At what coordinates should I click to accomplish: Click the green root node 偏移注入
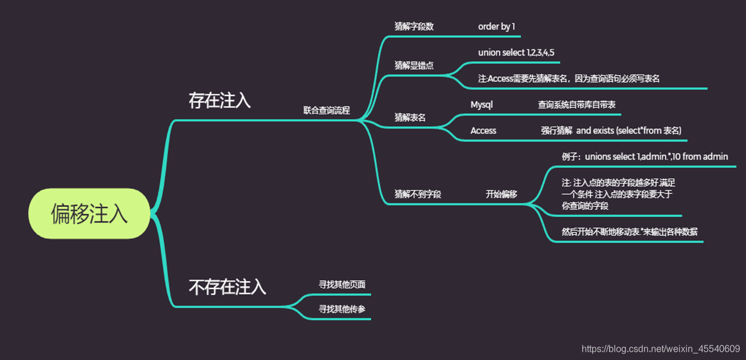coord(89,214)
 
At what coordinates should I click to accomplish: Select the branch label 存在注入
coord(220,100)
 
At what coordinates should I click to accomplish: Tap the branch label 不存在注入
coord(227,287)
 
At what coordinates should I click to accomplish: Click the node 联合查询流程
coord(326,110)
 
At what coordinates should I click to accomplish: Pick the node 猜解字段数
coord(414,27)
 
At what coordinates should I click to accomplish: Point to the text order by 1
coord(497,27)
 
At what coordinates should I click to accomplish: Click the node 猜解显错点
coord(414,65)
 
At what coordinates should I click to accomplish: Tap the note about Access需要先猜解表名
coord(569,79)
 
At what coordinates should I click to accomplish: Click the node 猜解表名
coord(410,117)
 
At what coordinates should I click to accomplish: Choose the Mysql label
coord(482,105)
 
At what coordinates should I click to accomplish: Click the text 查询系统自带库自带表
coord(576,105)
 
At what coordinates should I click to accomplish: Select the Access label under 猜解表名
coord(483,130)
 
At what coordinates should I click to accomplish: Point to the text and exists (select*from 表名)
coord(629,130)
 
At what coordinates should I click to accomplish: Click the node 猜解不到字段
coord(418,194)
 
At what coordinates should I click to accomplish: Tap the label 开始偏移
coord(501,194)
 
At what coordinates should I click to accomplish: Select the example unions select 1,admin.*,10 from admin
coord(645,157)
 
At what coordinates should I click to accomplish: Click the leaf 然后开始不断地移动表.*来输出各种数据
coord(630,231)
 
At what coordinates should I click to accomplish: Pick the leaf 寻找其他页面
coord(342,284)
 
